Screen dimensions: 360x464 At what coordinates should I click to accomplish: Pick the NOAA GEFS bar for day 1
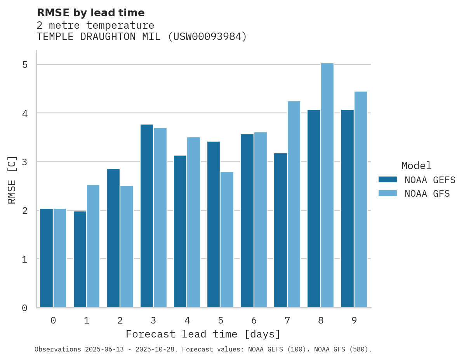point(80,260)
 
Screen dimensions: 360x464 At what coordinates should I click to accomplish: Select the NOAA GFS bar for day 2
point(127,247)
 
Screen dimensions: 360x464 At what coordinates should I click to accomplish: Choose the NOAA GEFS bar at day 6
point(247,221)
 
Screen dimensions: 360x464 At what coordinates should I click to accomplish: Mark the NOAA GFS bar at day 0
point(60,258)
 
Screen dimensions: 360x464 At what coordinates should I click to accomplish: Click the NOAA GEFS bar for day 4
point(180,232)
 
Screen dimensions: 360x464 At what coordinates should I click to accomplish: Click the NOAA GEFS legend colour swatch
point(388,180)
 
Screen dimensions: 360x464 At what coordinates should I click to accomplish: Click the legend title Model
point(416,166)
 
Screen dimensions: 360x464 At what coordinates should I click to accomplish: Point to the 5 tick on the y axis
point(25,65)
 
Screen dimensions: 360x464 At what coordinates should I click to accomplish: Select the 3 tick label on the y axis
point(25,162)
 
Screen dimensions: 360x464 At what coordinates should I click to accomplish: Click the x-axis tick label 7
point(287,321)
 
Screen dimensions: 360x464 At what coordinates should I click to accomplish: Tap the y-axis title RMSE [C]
point(12,180)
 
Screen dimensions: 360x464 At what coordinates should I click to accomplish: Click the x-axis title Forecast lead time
point(203,334)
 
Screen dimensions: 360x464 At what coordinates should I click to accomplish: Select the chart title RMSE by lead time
point(90,13)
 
